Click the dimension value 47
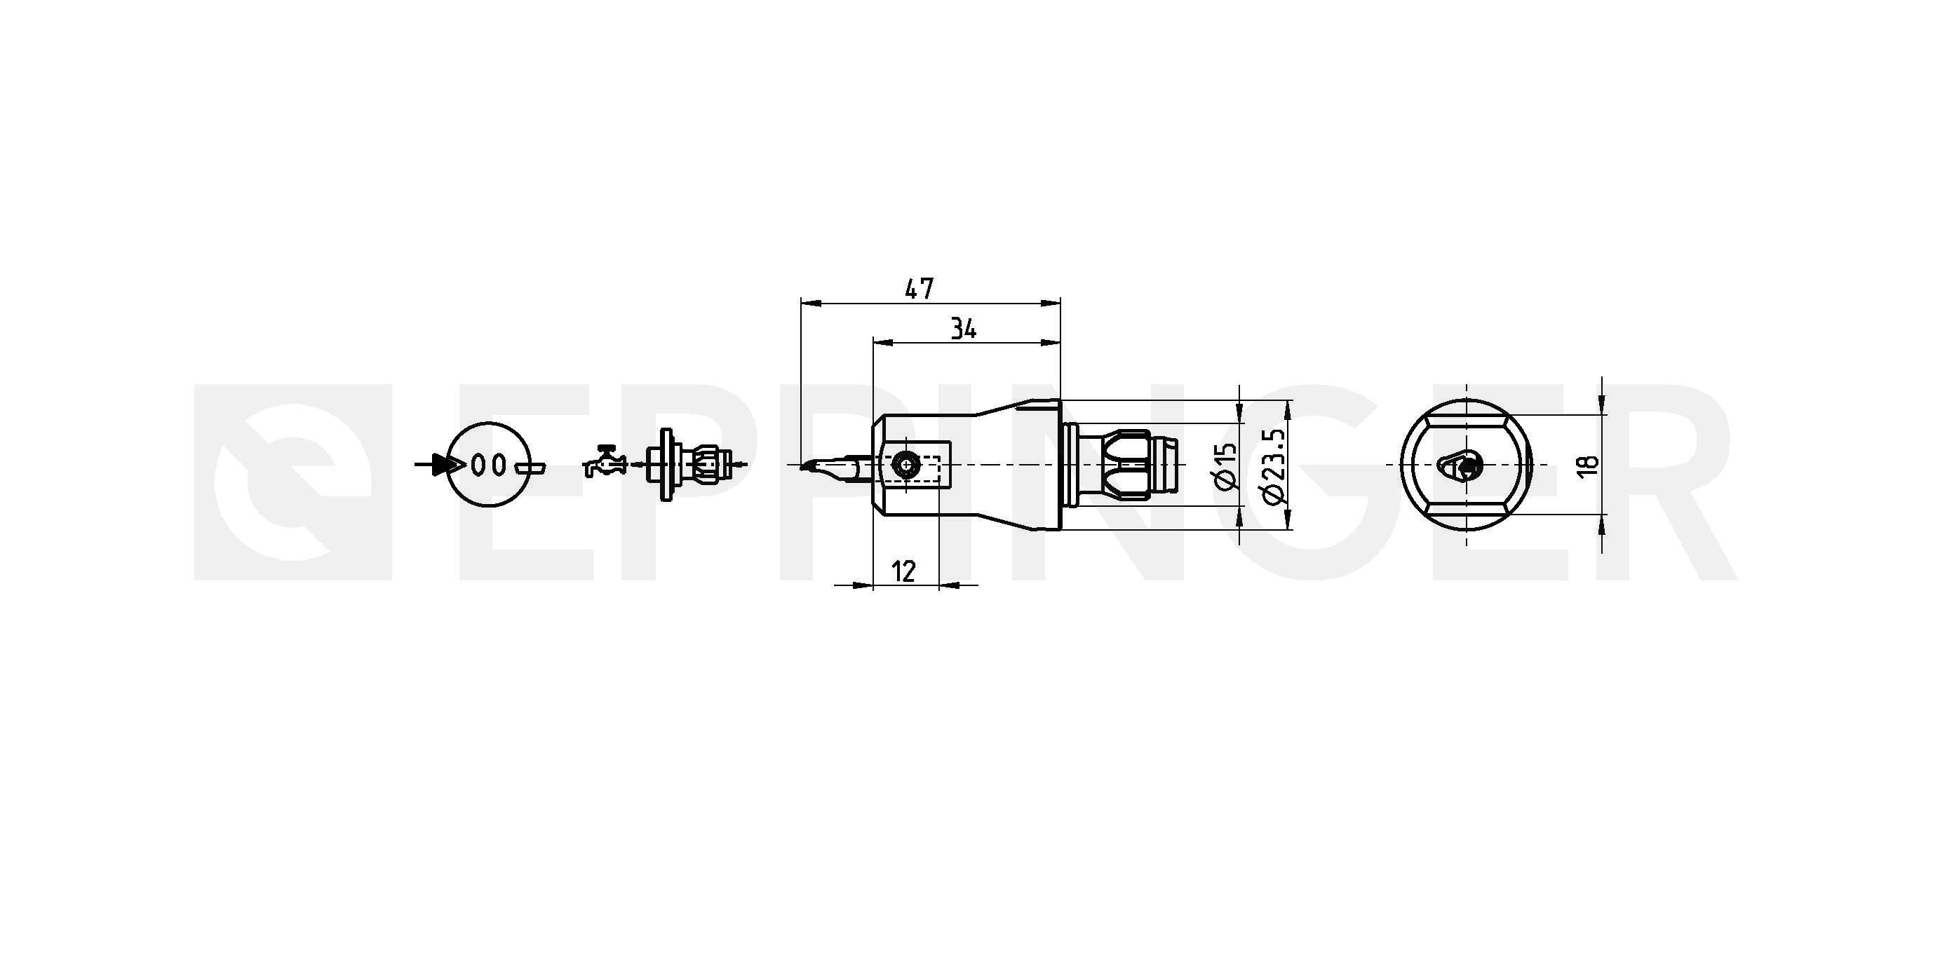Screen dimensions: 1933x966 (x=920, y=289)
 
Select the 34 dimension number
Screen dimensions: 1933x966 (x=964, y=329)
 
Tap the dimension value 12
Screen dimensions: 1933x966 (x=905, y=571)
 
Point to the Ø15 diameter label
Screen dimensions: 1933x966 (x=1225, y=465)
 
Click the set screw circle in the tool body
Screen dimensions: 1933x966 (x=907, y=465)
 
